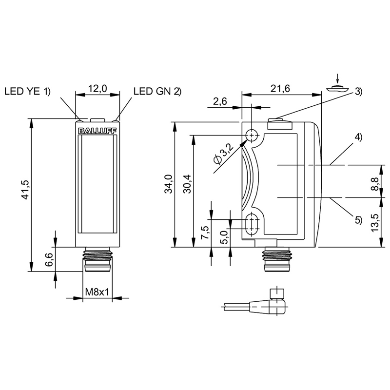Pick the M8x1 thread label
pyautogui.click(x=97, y=292)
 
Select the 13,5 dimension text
pyautogui.click(x=374, y=223)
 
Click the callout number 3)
pyautogui.click(x=358, y=91)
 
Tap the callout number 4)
pyautogui.click(x=358, y=137)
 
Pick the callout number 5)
pyautogui.click(x=358, y=220)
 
